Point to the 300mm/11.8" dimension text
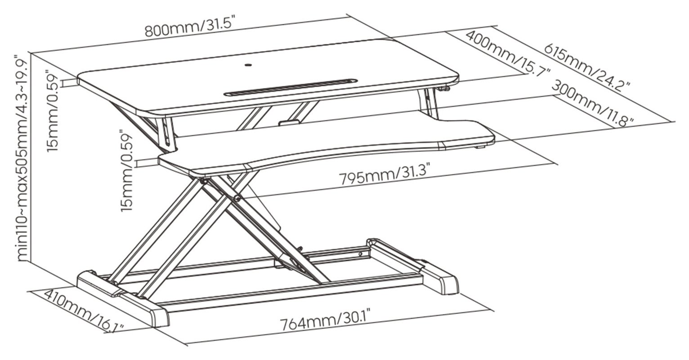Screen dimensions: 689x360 coord(592,102)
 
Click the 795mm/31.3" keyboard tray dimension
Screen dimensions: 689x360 coord(384,175)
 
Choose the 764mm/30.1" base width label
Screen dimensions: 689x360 coord(325,320)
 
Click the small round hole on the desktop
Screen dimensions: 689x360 coord(248,65)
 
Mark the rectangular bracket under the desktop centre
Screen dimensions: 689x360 coord(289,123)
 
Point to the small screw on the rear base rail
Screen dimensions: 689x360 coord(360,253)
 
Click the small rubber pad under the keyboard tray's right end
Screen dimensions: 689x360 coord(480,147)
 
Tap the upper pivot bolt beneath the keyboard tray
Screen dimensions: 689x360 coord(204,182)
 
